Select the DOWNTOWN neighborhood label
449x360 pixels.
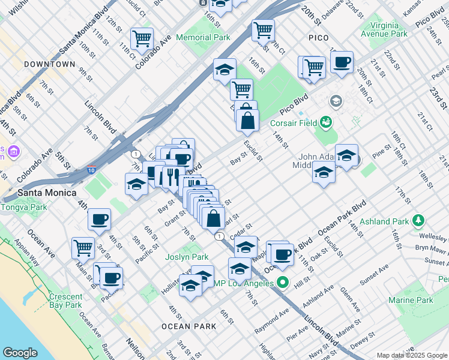50,64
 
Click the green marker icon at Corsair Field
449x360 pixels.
326,123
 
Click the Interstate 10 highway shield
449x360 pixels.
91,170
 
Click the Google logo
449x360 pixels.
20,353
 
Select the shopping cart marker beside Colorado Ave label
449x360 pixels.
142,39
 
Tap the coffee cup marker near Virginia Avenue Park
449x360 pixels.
342,62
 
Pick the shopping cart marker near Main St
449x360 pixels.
83,248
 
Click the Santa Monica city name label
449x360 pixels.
47,193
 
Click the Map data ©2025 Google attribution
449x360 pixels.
411,355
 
